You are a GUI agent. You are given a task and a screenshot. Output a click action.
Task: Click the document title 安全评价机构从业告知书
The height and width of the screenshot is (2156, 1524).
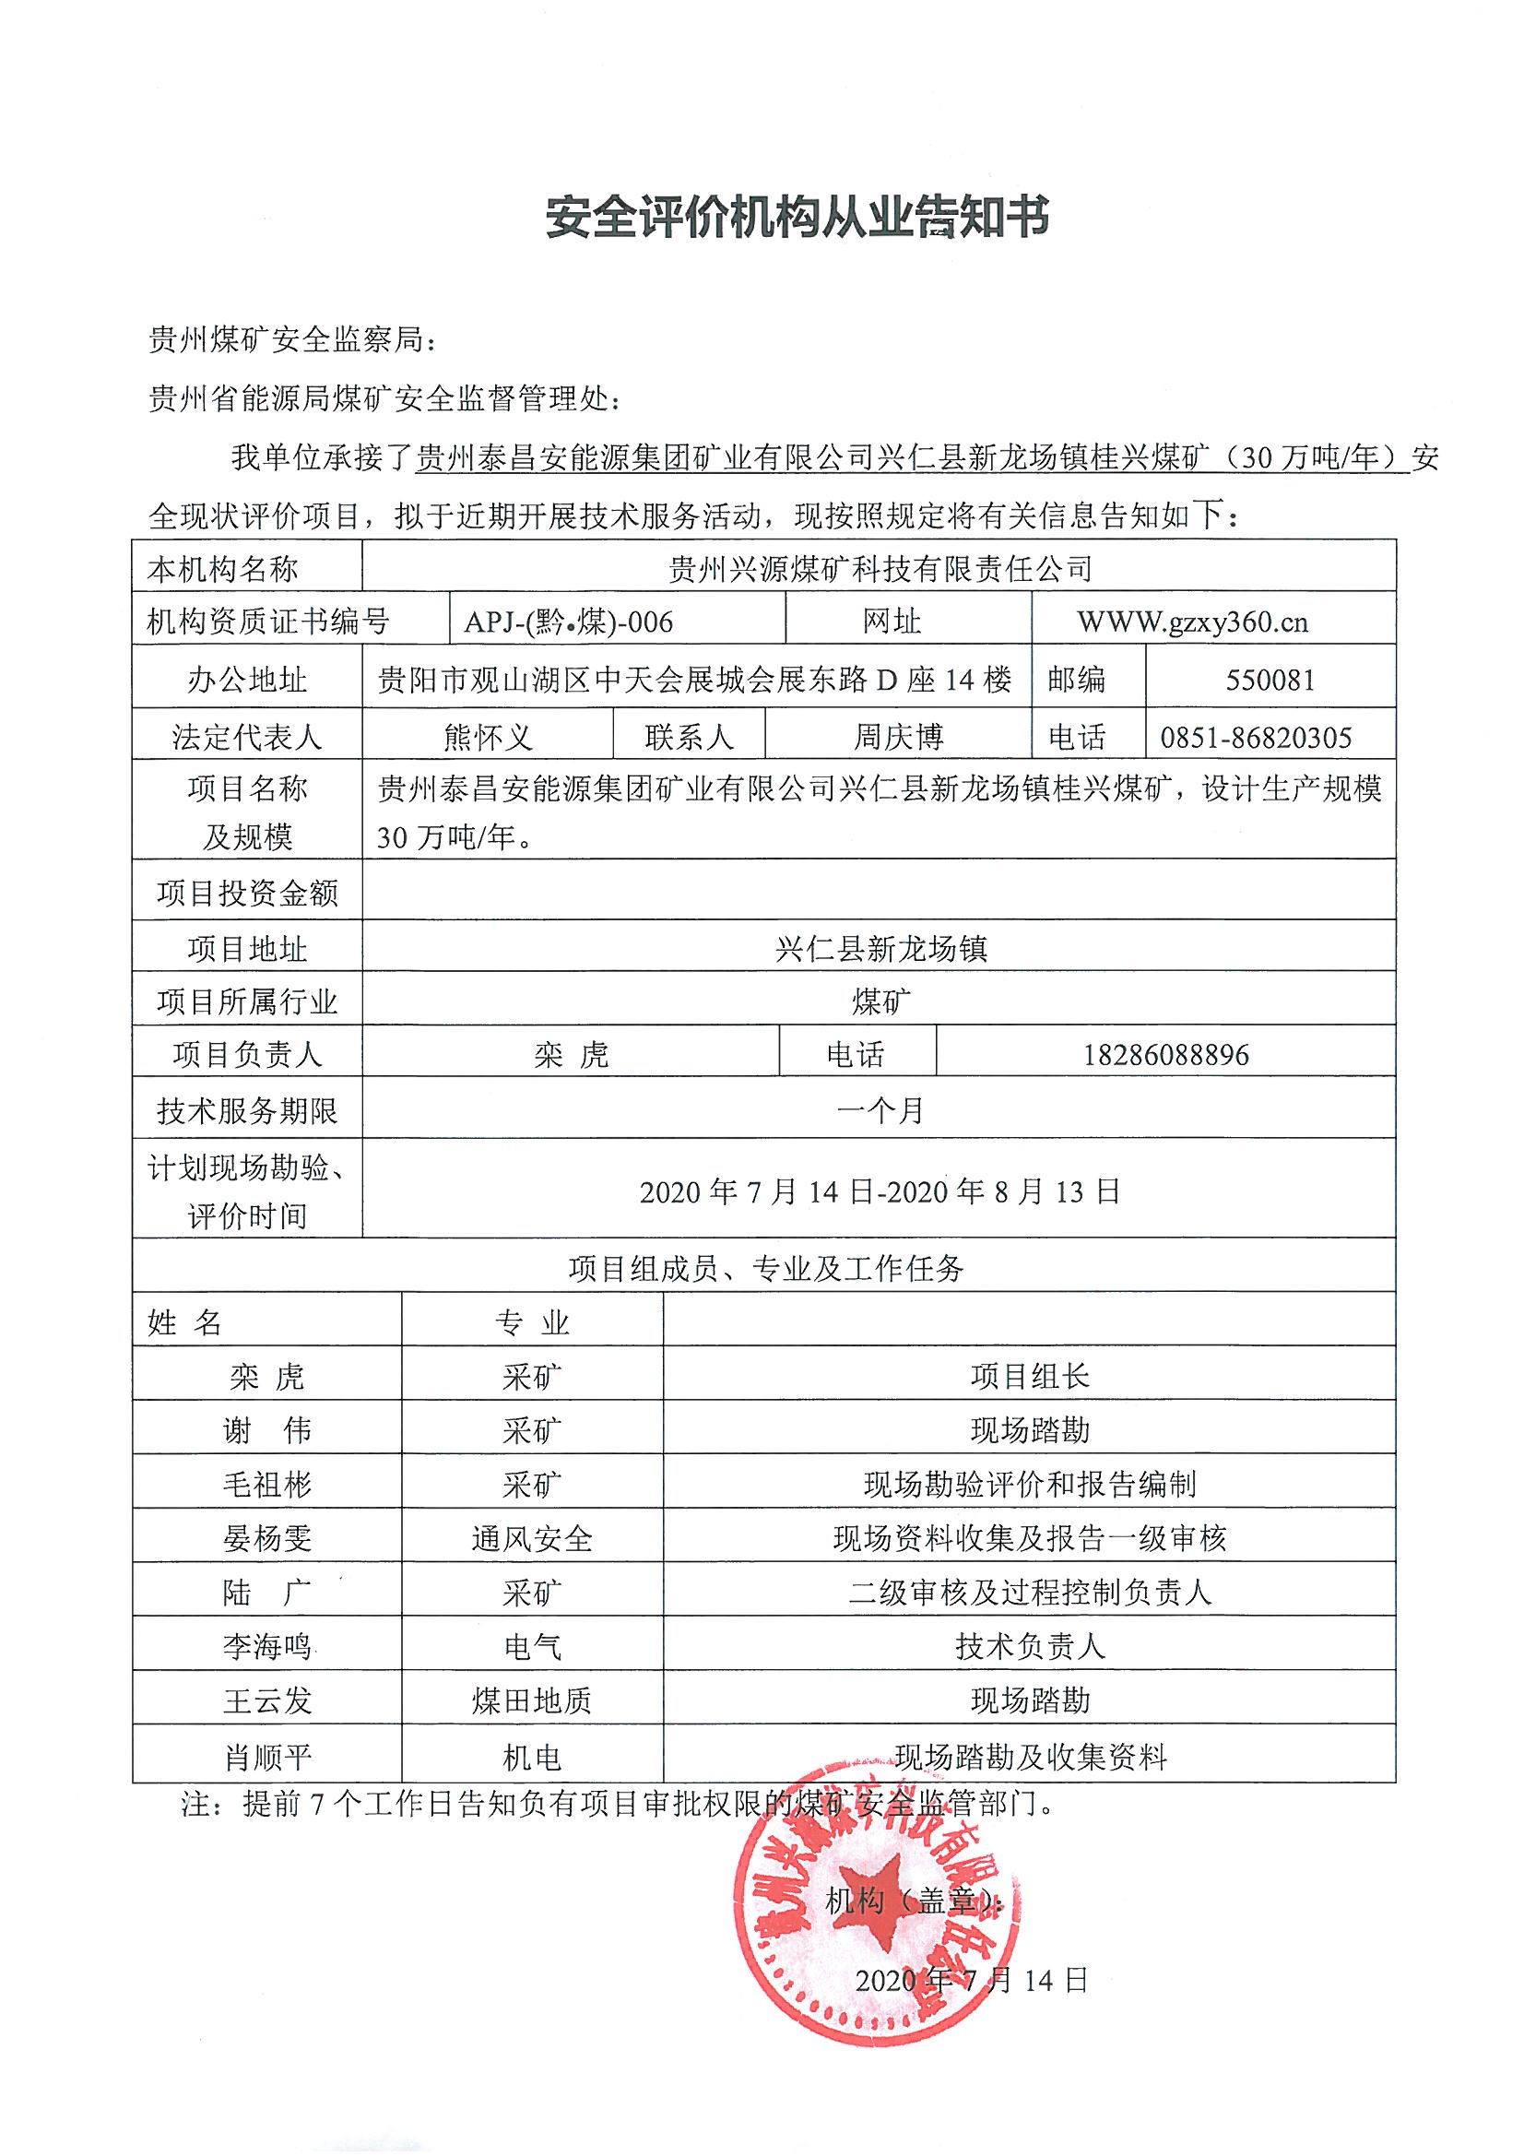tap(797, 218)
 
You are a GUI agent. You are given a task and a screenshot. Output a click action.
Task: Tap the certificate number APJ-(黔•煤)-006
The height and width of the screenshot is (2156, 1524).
tap(568, 622)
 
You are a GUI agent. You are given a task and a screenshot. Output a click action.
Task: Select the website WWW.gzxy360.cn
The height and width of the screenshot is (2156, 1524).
tap(1192, 622)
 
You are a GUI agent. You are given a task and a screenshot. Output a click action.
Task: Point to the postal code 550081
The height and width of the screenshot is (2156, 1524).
tap(1270, 679)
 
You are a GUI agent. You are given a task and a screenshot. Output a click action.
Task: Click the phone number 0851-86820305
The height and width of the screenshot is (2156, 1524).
tap(1256, 737)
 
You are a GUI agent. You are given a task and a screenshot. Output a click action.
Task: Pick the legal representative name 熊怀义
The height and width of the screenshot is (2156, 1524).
tap(488, 737)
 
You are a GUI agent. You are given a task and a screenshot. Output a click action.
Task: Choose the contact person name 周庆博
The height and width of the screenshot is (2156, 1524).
tap(898, 737)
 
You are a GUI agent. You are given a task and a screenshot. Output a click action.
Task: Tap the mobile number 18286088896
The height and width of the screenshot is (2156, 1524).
tap(1165, 1055)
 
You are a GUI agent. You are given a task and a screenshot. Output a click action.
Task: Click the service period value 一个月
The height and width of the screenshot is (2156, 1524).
tap(880, 1111)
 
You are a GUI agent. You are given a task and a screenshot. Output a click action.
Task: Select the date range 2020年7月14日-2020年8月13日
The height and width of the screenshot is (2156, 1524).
tap(880, 1191)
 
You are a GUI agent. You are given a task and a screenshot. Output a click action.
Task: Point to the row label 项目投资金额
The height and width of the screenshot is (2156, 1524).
tap(247, 893)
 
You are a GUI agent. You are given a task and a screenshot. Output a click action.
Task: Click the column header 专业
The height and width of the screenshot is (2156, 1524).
tap(531, 1323)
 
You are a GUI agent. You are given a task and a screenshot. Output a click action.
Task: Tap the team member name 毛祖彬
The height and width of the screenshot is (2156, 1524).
tap(266, 1485)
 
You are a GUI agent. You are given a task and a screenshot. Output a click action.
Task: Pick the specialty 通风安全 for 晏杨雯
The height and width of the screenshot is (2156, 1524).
tap(531, 1538)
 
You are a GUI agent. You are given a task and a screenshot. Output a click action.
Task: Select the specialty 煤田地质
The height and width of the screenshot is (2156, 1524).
tap(531, 1700)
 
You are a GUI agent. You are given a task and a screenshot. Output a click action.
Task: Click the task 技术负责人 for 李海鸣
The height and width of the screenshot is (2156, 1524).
tap(1029, 1646)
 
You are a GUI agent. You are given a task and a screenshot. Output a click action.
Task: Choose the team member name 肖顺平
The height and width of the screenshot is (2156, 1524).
tap(266, 1757)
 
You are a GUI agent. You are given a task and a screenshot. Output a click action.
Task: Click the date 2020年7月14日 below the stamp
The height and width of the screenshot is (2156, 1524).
tap(971, 1980)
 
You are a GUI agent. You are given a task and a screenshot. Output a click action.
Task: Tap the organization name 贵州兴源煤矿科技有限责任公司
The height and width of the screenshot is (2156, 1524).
tap(880, 568)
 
